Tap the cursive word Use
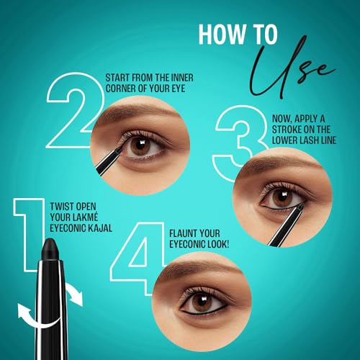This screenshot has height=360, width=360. [294, 64]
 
